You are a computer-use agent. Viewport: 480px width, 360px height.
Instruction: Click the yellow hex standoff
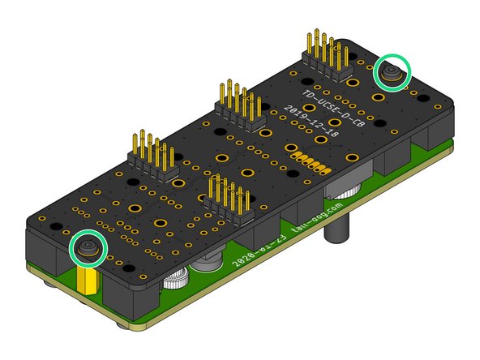pos(88,281)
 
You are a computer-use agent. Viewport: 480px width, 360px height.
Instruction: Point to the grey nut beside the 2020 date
pos(207,265)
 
